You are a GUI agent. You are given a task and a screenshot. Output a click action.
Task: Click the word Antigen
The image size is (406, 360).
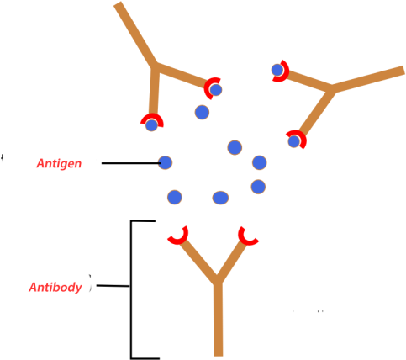59,164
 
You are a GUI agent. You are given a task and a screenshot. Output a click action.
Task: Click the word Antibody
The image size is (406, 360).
55,288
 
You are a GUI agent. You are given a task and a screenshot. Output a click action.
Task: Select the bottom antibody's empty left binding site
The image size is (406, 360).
177,235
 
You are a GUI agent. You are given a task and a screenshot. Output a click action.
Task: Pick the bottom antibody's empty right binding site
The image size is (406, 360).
248,235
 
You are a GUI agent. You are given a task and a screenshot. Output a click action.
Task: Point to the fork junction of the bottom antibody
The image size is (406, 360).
217,280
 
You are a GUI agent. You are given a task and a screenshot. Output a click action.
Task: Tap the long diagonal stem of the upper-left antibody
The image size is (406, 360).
135,34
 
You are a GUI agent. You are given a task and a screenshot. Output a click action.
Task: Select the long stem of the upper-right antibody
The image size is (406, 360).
370,77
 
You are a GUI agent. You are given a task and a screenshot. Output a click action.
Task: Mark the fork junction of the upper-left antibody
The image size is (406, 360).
156,66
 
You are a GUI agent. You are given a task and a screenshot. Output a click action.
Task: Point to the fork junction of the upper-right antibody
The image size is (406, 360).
333,87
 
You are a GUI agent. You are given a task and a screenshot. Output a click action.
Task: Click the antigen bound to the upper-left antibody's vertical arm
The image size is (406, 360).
151,125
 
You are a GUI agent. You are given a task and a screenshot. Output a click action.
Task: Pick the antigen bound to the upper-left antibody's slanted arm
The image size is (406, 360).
216,89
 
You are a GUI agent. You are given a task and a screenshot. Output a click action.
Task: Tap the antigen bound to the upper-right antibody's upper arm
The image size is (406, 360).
277,70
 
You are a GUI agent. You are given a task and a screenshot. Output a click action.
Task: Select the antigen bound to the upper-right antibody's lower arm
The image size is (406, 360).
294,141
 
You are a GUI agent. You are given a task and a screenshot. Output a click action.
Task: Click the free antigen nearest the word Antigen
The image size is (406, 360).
165,162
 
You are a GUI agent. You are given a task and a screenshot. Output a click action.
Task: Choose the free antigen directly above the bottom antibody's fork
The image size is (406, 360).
220,198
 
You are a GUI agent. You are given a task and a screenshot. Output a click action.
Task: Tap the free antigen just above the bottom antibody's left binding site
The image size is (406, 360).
174,197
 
